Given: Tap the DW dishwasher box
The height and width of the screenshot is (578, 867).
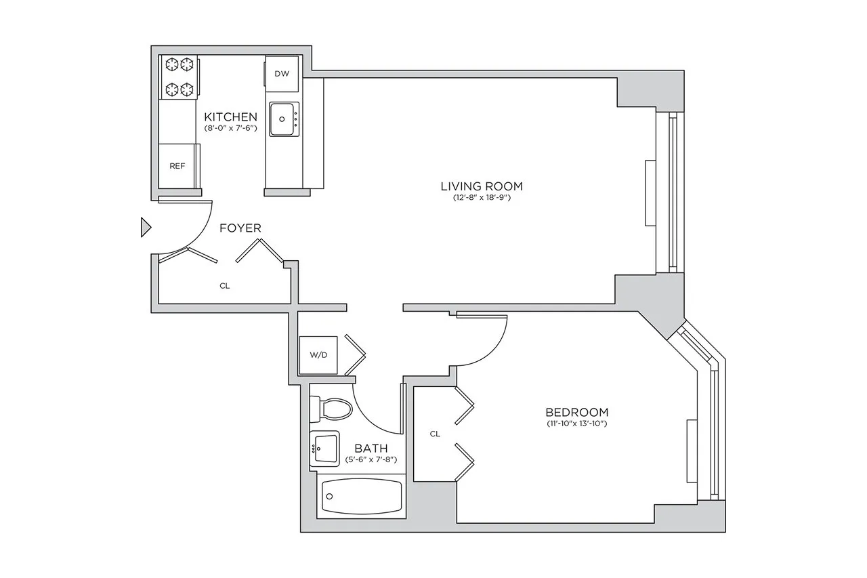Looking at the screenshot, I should coord(282,74).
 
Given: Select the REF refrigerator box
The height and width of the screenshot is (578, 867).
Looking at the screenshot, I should coord(177,165).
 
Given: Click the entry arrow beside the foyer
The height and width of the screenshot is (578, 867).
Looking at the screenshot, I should coord(145,228).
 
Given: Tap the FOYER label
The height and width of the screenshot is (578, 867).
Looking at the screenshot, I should coord(240,228).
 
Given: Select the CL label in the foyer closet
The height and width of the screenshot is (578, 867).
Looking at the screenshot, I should coord(224,286).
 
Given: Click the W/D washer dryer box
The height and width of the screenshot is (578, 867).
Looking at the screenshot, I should coord(318,354).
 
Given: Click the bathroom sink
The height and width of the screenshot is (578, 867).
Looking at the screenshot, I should coord(326,448).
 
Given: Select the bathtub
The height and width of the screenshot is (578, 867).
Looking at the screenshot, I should coord(360,497).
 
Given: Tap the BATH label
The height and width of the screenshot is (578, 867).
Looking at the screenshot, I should coord(371,448).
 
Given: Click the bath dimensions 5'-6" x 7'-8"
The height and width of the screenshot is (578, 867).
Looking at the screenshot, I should coord(371,459).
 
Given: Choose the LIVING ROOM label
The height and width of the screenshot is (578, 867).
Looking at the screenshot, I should coord(482,186).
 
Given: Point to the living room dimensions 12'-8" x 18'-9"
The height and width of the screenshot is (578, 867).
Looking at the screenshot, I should coord(482,198).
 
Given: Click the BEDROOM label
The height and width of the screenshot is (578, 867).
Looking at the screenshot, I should coord(576,412).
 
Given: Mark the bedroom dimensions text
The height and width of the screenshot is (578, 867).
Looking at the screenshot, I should coord(576,424).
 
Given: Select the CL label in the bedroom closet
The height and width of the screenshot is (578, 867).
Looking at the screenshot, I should coord(435,434).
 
